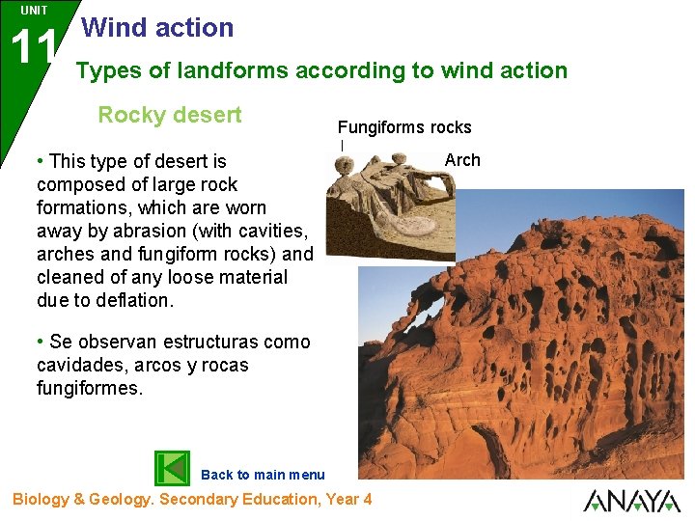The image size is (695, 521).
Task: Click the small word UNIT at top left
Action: [34, 11]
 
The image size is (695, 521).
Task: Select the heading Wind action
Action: [158, 28]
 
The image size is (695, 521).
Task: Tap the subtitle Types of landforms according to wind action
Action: [321, 70]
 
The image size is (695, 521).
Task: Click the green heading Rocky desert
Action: [170, 115]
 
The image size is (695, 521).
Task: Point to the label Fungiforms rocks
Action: [404, 127]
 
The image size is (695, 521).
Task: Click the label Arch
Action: [462, 160]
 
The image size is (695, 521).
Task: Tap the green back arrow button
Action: [173, 468]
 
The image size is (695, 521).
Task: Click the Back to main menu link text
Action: [263, 475]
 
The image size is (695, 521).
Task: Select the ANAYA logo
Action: [631, 501]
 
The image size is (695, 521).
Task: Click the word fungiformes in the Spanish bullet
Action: [88, 389]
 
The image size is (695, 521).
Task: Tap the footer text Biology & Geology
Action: [82, 500]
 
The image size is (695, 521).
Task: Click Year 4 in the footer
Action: [347, 500]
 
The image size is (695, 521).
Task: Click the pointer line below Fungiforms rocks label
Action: [342, 146]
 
